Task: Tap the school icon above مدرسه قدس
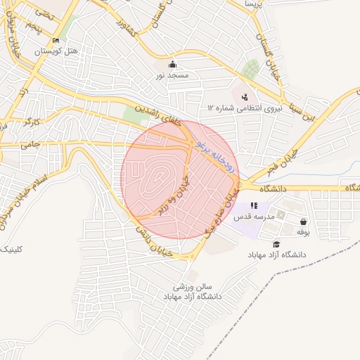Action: [255, 206]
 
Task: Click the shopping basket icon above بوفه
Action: [303, 221]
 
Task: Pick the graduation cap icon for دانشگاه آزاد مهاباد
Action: [276, 244]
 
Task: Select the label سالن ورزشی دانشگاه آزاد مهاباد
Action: [193, 292]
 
